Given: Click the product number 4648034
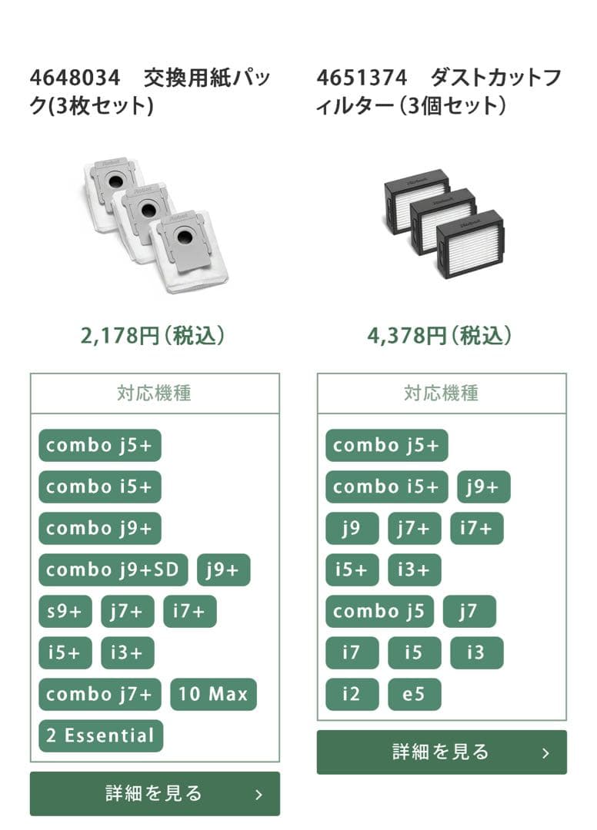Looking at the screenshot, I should pos(75,78).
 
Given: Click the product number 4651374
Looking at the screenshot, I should pos(362,78).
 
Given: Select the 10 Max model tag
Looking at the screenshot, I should pos(213,695).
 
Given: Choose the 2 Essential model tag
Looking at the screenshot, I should pos(100,736).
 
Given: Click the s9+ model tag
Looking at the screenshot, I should pos(65,612).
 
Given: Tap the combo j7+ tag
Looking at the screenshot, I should pos(99,695).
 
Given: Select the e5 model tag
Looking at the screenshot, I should pos(415,695).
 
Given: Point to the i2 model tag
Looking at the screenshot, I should pos(352,695).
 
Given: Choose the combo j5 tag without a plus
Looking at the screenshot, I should pos(379,612).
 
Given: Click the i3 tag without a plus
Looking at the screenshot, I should pos(476,653).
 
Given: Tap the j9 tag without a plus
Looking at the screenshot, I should pos(352,529).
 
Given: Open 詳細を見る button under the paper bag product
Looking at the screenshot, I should pos(155,794).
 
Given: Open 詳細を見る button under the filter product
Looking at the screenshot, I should pos(442,752).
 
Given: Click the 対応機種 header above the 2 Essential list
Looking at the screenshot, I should pos(155,393).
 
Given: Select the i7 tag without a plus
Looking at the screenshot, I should pos(352,653).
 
